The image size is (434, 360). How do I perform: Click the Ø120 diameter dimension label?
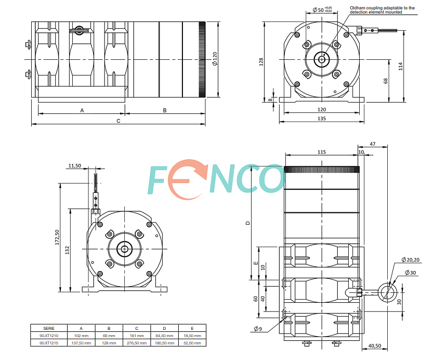[x=215, y=59]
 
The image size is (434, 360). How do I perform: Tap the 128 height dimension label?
[x=261, y=61]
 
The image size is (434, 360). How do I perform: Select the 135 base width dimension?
[x=322, y=118]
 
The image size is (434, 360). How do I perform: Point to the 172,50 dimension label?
[x=57, y=237]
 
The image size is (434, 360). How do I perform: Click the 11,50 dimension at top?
[x=74, y=166]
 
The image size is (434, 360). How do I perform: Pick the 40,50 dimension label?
[x=375, y=345]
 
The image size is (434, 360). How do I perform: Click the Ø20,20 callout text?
[x=411, y=260]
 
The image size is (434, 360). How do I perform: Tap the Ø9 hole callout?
[x=258, y=329]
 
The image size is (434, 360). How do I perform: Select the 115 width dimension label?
[x=322, y=152]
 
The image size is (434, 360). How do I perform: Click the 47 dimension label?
[x=373, y=144]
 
